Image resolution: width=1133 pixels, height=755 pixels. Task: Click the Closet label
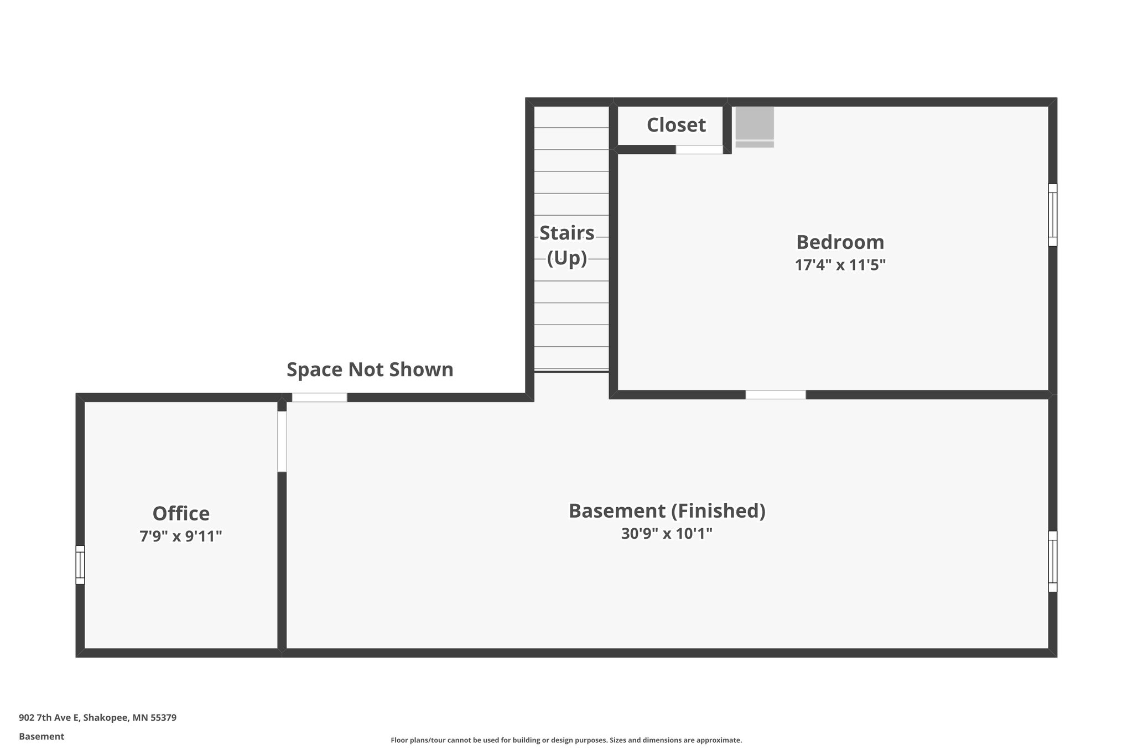[x=676, y=125]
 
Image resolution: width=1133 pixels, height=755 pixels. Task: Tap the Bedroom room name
[x=840, y=242]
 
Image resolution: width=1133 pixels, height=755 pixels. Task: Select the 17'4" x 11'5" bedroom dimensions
[x=840, y=265]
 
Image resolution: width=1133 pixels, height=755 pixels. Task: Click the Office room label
[x=181, y=513]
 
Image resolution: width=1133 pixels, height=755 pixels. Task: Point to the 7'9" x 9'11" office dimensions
[x=181, y=536]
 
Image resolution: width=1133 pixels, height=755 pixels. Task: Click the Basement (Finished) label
[x=667, y=511]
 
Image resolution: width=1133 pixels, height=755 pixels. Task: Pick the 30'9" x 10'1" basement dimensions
[x=667, y=534]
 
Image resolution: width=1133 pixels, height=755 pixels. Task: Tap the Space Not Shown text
[x=370, y=369]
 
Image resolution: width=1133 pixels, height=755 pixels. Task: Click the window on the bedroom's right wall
[x=1052, y=215]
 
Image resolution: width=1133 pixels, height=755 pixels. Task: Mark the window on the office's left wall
[x=80, y=565]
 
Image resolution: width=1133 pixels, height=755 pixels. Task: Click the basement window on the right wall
[x=1052, y=561]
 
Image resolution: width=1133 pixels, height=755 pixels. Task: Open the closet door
[x=699, y=149]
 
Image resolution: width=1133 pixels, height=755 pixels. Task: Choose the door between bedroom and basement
[x=775, y=394]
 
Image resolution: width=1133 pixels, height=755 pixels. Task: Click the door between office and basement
[x=282, y=441]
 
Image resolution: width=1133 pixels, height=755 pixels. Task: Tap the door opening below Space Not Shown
[x=319, y=397]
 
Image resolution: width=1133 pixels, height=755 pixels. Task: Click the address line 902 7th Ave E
[x=97, y=718]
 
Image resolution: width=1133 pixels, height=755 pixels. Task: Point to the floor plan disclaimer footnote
[x=566, y=740]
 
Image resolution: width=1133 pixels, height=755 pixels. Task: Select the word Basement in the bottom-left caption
[x=41, y=737]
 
